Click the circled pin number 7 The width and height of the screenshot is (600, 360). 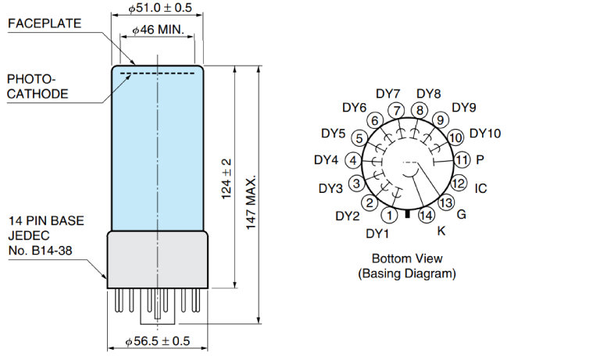coord(396,111)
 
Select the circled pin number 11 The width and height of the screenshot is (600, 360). coord(462,159)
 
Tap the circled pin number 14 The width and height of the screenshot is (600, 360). coord(427,216)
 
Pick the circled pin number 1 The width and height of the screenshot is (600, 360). coord(390,216)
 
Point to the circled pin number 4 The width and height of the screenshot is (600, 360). coord(353,160)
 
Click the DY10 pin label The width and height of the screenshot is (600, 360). coord(485,133)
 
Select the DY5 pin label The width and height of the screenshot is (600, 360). coord(334,134)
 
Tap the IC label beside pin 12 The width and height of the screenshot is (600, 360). coord(480,189)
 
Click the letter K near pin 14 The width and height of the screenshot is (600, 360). coord(441,230)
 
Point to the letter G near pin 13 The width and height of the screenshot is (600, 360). coord(462,214)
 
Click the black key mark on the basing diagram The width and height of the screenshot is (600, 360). coord(408,214)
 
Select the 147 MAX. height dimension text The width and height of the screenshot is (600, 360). coord(251,203)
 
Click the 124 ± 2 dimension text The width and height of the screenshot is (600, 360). coord(227,179)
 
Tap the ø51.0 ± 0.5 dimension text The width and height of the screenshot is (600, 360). coord(160,8)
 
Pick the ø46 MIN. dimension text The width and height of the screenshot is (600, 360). coord(158,30)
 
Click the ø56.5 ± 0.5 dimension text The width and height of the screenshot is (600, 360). coord(158,341)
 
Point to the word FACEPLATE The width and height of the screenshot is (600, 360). coord(45,23)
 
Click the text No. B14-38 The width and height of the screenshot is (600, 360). coord(40,251)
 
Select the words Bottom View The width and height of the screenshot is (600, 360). coord(407,258)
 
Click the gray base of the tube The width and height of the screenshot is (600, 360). coord(158,259)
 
